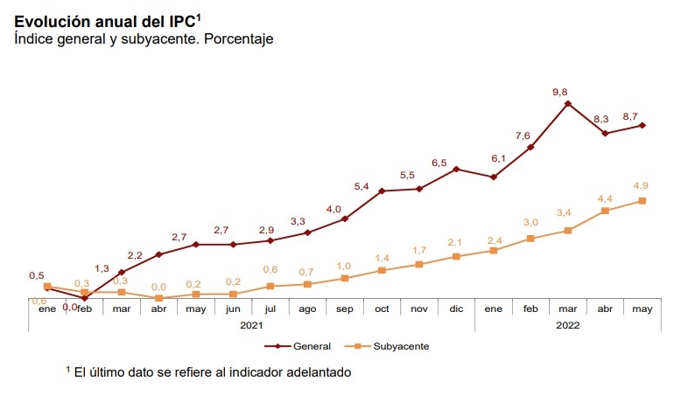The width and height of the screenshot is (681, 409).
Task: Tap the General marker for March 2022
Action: point(568,104)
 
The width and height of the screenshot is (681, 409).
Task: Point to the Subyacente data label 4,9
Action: point(640,185)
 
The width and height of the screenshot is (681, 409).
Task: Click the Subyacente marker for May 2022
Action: point(642,201)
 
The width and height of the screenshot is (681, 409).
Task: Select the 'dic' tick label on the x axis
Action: point(456,308)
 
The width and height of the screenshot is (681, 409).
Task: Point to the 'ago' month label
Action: point(307,308)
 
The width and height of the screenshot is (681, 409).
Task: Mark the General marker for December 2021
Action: point(457,169)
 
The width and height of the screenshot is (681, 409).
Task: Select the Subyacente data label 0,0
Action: point(158,286)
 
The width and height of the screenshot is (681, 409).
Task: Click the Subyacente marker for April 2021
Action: point(159,298)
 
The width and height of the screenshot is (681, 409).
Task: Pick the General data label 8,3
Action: point(600,119)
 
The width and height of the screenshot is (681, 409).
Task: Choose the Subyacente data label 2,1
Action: point(454,242)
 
